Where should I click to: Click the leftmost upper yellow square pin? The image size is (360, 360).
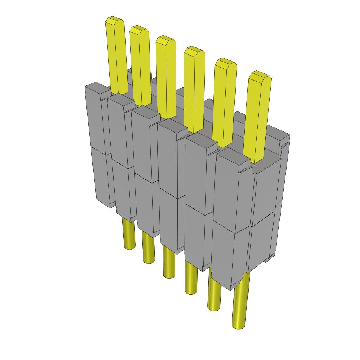tap(117, 56)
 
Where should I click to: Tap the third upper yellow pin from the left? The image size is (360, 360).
tap(166, 77)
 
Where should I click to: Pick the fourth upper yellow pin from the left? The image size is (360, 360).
tap(194, 90)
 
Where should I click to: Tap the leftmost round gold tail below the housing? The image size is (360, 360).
tap(130, 234)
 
